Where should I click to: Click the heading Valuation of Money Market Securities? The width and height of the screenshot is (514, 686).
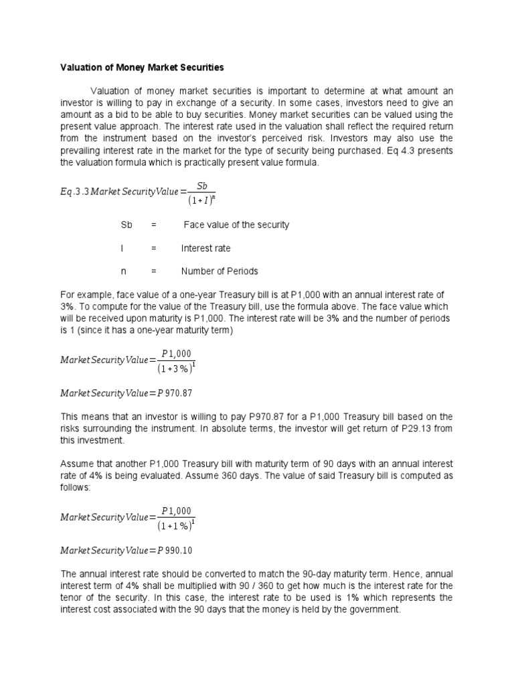[143, 68]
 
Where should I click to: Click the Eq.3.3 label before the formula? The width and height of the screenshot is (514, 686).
[74, 192]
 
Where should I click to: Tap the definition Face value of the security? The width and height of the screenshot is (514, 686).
[236, 225]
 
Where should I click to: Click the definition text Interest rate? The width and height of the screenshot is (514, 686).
[205, 249]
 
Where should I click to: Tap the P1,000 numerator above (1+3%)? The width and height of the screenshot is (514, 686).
[177, 353]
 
